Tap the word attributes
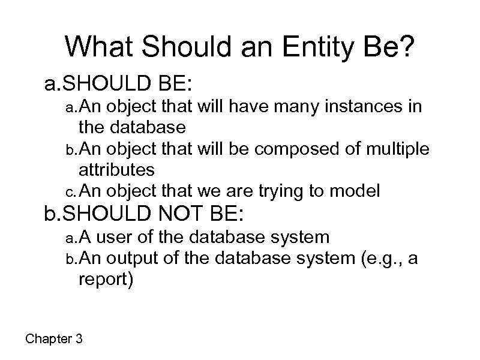point(116,170)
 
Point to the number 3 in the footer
point(79,339)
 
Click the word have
point(243,107)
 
